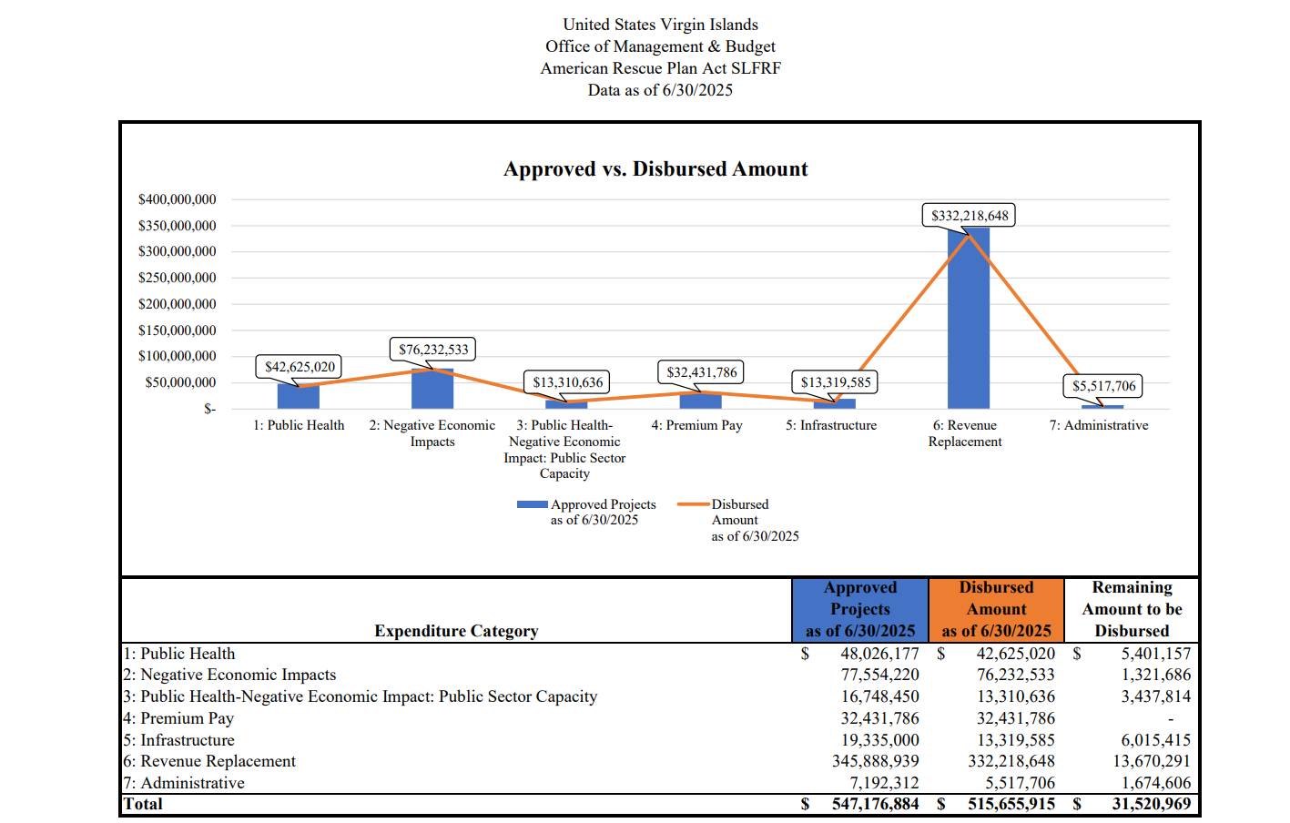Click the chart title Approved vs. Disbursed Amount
[x=655, y=168]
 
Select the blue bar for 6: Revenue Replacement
[x=968, y=318]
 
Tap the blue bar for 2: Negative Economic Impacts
[x=432, y=389]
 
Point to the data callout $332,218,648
[x=970, y=216]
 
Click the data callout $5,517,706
[x=1103, y=386]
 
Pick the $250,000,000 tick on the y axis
[x=177, y=278]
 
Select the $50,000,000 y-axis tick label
[x=180, y=382]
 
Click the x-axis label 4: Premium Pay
[x=696, y=425]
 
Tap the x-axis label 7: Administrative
[x=1098, y=425]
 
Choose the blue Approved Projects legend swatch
[x=533, y=504]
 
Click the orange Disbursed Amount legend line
[x=693, y=504]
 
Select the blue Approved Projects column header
[x=859, y=609]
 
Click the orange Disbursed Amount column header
[x=996, y=609]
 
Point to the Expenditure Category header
[x=456, y=631]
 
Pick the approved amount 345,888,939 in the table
[x=876, y=761]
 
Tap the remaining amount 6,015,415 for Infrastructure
[x=1156, y=739]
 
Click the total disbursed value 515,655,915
[x=1011, y=804]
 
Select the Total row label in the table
[x=143, y=804]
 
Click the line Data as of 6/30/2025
[x=660, y=90]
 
